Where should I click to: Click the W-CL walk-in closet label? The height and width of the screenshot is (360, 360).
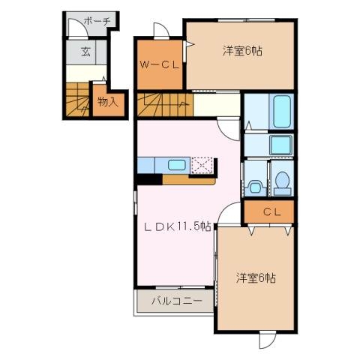159,65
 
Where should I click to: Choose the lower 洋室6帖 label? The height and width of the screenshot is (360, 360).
256,278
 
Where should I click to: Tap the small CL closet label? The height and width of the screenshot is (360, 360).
271,213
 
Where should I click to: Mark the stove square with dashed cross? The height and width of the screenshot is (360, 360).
202,166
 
